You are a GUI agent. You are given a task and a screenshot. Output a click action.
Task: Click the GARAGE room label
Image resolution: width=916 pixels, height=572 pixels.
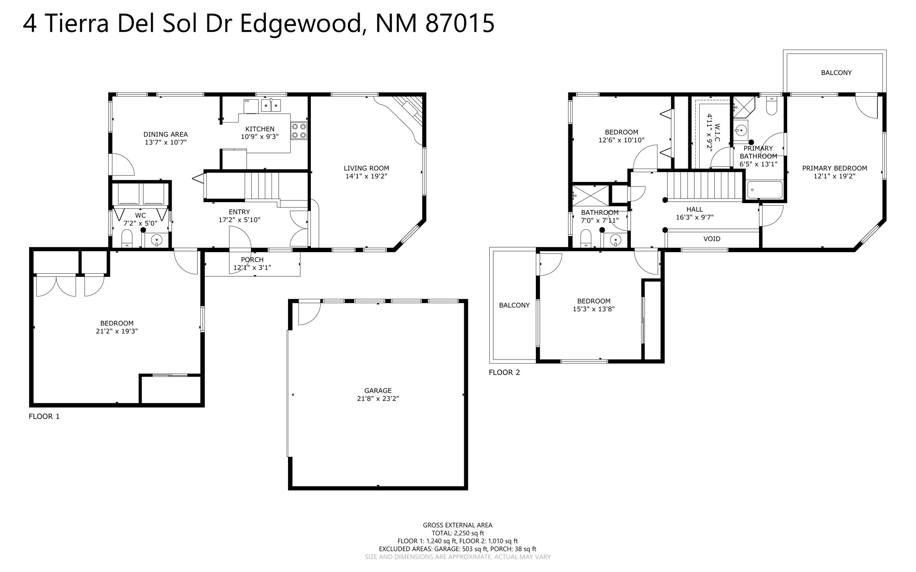coord(377,390)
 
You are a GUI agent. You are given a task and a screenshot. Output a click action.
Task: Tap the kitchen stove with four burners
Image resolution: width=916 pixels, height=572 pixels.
coord(299,131)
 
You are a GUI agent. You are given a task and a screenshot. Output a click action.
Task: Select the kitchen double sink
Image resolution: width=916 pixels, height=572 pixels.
coord(271,106)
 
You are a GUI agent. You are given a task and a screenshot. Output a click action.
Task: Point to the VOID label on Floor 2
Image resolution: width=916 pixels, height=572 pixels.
coord(712,239)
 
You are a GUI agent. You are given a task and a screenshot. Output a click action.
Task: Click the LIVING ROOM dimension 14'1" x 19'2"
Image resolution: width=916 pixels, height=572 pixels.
coord(366,176)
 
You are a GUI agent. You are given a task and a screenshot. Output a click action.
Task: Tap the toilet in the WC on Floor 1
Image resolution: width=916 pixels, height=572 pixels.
coord(127,239)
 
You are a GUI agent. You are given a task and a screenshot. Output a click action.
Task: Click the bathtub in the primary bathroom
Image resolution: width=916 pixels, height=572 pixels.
coord(764,190)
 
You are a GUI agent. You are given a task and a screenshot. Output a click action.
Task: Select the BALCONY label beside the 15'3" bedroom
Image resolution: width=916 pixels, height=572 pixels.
coord(514,305)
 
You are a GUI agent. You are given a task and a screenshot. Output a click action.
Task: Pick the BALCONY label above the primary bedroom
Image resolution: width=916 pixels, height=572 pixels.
coord(836,72)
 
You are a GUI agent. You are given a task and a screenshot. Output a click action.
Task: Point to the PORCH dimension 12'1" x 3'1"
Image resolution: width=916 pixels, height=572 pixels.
coord(252,268)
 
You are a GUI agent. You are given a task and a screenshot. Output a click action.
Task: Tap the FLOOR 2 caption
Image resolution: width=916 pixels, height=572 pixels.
coord(504,372)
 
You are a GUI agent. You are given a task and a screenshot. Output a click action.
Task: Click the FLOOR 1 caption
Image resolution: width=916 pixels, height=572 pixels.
coord(44,416)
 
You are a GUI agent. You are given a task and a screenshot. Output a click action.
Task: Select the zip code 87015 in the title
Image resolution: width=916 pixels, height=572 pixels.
coord(460,23)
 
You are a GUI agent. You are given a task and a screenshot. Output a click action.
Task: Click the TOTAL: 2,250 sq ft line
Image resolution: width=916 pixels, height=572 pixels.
coord(457,533)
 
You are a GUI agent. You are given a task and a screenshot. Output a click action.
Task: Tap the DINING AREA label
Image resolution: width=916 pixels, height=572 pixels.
coord(165,134)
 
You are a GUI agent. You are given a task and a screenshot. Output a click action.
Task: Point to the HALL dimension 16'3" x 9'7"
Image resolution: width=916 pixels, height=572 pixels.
coord(694,217)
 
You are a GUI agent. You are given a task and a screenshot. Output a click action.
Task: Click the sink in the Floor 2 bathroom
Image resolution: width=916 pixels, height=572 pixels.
coord(616,241)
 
